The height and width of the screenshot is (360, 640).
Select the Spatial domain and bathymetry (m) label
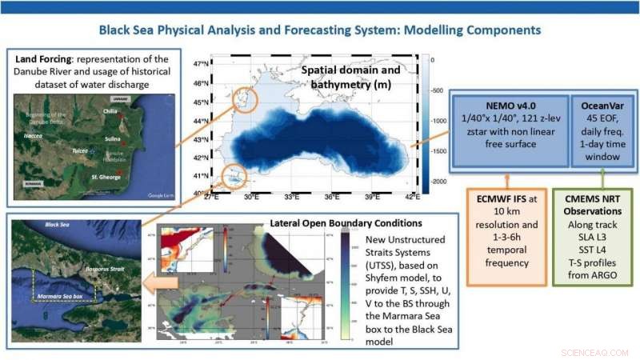tap(351, 77)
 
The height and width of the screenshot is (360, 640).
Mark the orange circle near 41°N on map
tap(233, 175)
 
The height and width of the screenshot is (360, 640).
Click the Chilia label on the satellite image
tap(112, 111)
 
